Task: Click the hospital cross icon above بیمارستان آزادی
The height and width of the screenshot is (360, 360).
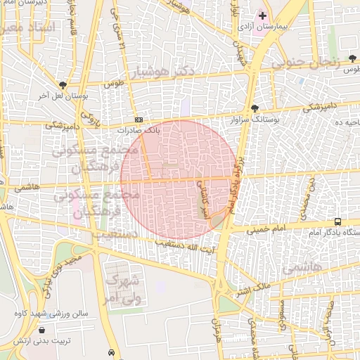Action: [x=262, y=15]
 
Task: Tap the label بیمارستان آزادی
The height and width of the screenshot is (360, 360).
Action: [x=263, y=27]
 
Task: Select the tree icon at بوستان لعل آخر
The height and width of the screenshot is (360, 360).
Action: [x=63, y=85]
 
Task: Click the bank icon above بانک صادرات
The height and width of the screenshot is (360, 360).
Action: [x=139, y=120]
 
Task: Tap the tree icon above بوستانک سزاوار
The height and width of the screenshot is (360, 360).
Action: [x=254, y=108]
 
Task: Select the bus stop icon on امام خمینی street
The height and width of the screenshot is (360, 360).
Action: [x=338, y=221]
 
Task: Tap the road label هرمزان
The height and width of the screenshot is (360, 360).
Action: [x=216, y=333]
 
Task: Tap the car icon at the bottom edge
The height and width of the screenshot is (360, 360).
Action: [x=111, y=352]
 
